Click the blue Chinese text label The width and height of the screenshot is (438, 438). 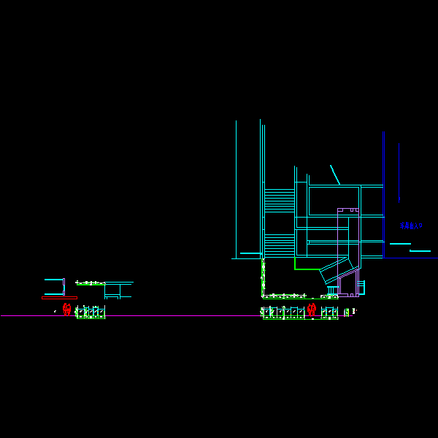pos(411,226)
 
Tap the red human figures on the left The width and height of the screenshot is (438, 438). pos(67,310)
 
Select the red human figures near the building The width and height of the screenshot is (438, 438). pos(312,310)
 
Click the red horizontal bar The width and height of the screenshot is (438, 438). pos(59,297)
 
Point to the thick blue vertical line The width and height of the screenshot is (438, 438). pos(383,193)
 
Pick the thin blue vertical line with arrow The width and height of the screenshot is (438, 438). pos(399,172)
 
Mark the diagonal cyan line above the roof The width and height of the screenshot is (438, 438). pos(334,174)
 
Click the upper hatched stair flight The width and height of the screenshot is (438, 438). pos(280,201)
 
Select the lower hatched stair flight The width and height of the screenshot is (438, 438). pos(280,245)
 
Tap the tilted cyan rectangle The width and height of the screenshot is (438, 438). pos(337,270)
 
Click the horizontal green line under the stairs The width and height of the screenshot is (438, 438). pos(307,269)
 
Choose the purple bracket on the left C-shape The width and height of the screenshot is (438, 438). pos(64,286)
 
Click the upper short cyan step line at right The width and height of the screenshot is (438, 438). pos(400,244)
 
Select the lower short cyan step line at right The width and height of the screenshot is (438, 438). pos(420,251)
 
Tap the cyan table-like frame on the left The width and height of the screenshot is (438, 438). pos(117,290)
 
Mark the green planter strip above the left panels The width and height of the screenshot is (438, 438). pos(91,283)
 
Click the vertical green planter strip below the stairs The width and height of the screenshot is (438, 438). pos(263,277)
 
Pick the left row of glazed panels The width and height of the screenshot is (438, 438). pos(91,312)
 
